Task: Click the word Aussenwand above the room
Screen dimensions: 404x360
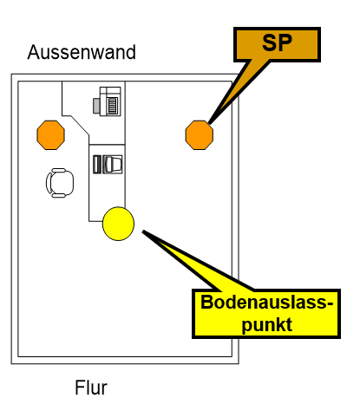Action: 82,52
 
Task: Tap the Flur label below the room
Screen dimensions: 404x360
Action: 91,387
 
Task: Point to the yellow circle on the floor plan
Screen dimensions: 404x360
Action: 119,224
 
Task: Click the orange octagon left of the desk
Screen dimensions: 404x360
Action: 50,134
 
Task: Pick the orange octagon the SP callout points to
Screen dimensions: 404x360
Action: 200,134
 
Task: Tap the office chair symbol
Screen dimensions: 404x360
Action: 59,181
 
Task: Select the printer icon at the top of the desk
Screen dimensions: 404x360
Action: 108,103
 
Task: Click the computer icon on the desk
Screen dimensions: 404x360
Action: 108,164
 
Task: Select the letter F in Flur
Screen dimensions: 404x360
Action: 77,387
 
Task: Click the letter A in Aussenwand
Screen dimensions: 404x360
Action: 34,52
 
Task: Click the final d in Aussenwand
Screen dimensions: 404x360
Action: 130,52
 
